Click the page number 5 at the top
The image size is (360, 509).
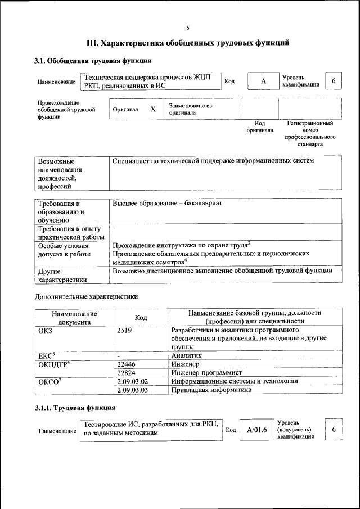188,28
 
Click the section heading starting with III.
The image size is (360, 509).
188,42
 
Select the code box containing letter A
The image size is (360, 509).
263,82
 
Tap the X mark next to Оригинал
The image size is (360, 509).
153,109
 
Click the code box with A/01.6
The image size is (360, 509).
256,430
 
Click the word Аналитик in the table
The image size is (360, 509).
186,355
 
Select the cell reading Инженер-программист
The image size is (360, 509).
206,372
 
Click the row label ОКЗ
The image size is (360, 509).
45,331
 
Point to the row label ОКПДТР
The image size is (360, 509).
53,364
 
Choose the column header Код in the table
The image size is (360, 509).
141,318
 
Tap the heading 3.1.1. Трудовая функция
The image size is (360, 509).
75,407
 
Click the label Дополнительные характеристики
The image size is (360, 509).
86,296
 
